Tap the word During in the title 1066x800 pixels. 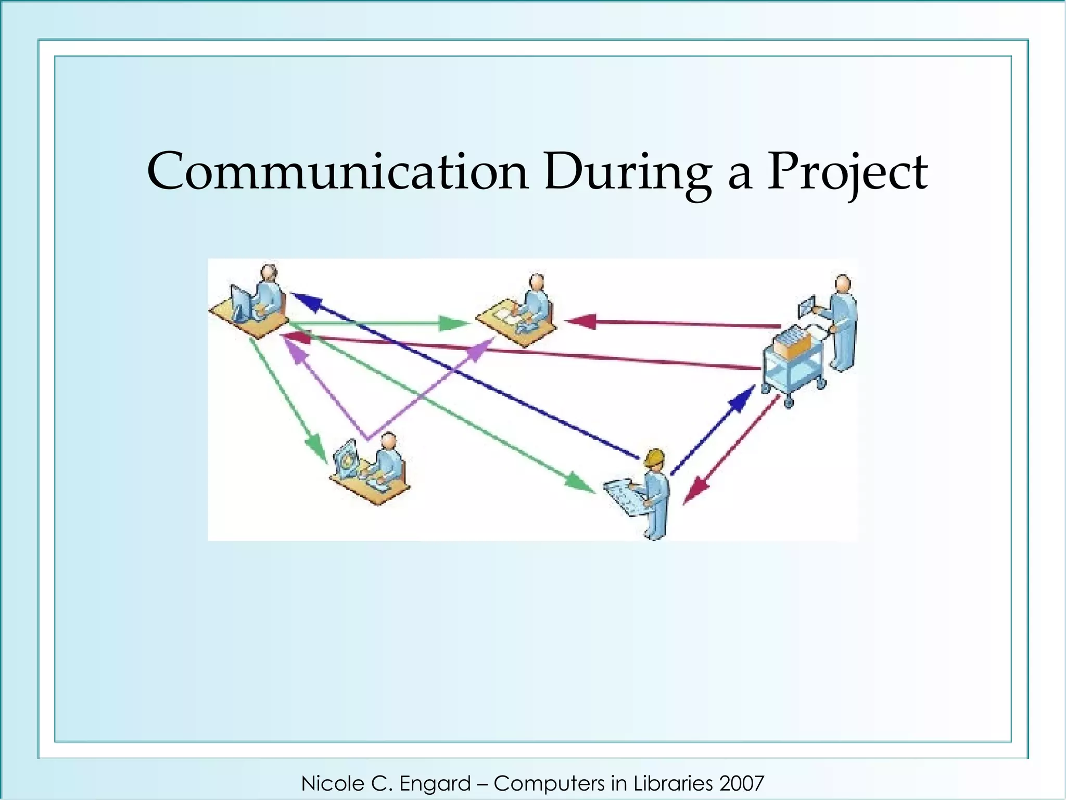(x=627, y=172)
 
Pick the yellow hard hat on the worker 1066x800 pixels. (x=654, y=457)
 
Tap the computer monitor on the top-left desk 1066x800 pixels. (x=241, y=303)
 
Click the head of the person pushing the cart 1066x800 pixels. (x=843, y=284)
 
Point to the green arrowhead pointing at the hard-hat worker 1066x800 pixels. (x=580, y=482)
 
